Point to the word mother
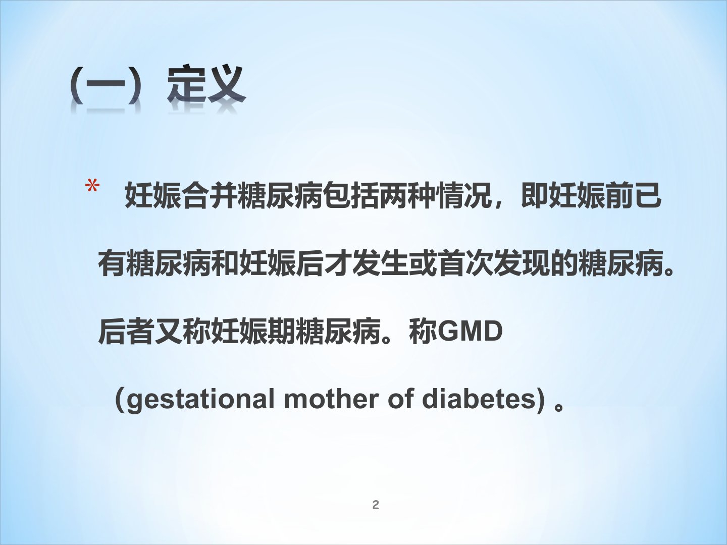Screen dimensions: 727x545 point(332,399)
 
